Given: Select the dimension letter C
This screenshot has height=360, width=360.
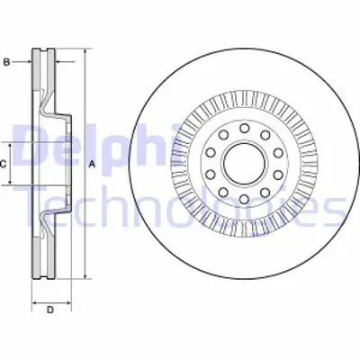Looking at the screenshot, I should click(x=4, y=164).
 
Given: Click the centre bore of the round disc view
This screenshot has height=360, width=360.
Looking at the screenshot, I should click(x=242, y=164).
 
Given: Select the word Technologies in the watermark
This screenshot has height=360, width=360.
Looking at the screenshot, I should click(x=180, y=209).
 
